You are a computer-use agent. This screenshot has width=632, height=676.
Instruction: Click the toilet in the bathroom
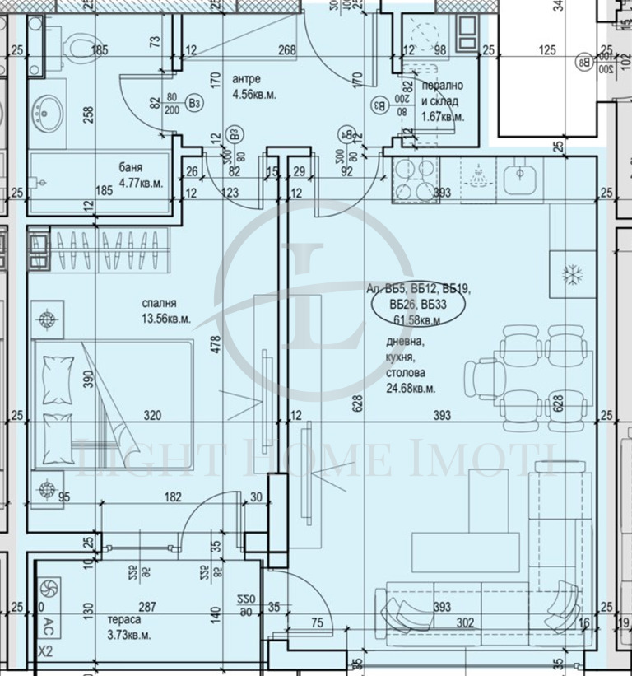pyautogui.click(x=81, y=42)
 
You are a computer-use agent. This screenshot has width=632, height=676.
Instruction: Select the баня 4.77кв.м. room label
pyautogui.click(x=141, y=178)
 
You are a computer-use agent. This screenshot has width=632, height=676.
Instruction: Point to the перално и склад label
pyautogui.click(x=442, y=100)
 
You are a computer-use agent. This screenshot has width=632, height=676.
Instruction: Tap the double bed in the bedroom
pyautogui.click(x=113, y=407)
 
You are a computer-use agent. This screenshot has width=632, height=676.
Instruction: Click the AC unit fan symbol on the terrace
pyautogui.click(x=48, y=589)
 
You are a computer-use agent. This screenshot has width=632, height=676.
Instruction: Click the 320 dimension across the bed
pyautogui.click(x=152, y=415)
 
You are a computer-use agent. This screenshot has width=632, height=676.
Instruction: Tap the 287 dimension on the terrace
pyautogui.click(x=147, y=608)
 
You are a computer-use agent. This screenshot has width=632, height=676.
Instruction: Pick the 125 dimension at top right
pyautogui.click(x=546, y=50)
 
